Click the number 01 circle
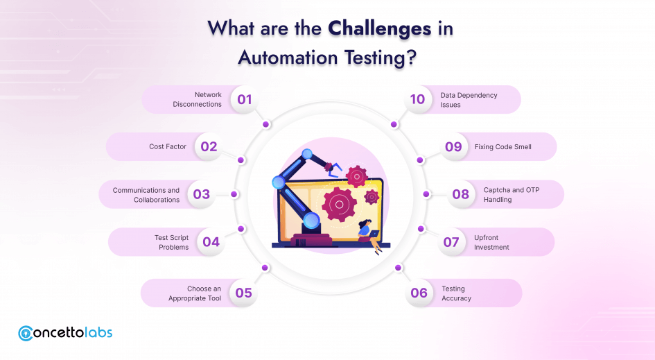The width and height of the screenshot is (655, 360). pos(245,99)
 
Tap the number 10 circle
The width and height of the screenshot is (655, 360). pos(417,99)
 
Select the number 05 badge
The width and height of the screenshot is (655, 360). pos(243,293)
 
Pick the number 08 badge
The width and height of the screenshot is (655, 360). pos(460,194)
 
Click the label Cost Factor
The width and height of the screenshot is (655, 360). pos(168,147)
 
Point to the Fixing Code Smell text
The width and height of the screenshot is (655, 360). pos(503,147)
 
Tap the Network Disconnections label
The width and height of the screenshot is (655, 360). pos(197,99)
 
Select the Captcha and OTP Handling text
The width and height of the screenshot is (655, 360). pos(512,194)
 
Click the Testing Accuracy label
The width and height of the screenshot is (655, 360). pos(456,293)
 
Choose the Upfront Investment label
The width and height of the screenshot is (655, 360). pos(491,242)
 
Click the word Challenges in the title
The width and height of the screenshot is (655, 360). pos(379,29)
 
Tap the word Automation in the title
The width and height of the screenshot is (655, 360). pos(288,58)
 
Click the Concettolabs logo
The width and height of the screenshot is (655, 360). pos(65,333)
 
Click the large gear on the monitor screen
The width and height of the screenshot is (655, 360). pos(339,205)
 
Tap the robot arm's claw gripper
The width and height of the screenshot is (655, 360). pos(334,170)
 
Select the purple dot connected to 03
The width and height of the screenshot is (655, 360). pos(234,194)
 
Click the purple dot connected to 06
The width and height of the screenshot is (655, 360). pos(398,268)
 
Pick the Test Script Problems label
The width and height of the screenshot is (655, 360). pos(171,242)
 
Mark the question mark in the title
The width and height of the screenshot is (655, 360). pos(412,58)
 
